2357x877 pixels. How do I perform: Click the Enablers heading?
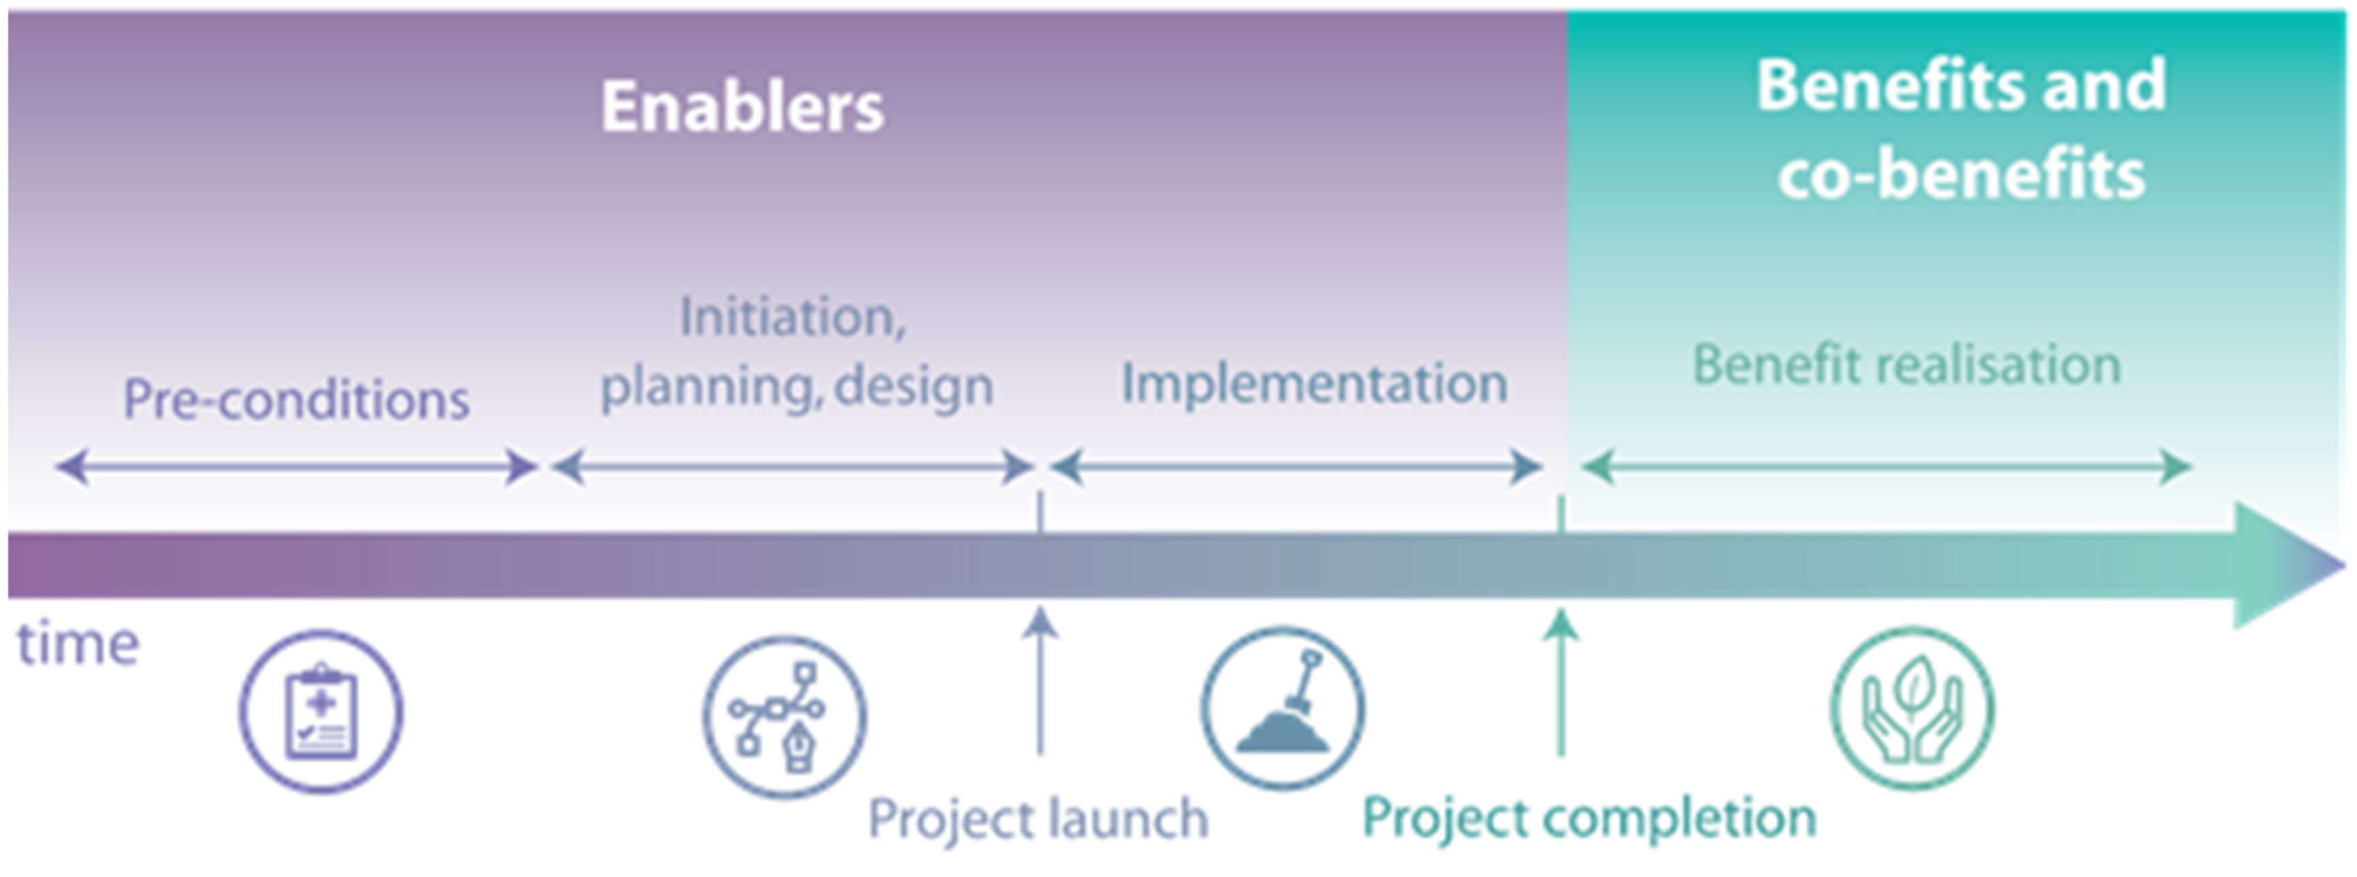[742, 107]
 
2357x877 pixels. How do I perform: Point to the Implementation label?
[1314, 383]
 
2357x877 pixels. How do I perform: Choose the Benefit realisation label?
[1906, 364]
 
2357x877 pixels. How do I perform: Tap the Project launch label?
[1038, 818]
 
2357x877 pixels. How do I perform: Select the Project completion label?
[1588, 816]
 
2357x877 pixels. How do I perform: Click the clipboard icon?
[321, 712]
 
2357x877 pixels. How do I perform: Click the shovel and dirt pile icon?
[1283, 707]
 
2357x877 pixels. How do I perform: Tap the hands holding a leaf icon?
[1912, 707]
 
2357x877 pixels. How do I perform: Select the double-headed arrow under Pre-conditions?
[295, 467]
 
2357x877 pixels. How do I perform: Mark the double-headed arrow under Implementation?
[1296, 467]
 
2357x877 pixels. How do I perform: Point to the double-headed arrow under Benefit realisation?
[1887, 467]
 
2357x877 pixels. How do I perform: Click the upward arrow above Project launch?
[1040, 682]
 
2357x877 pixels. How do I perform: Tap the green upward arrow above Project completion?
[1561, 682]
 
